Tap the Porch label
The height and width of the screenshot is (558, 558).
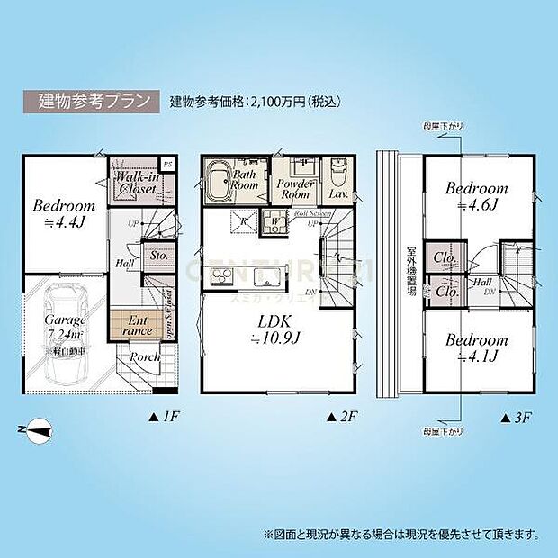pyautogui.click(x=146, y=357)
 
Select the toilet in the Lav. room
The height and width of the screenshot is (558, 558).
pyautogui.click(x=338, y=171)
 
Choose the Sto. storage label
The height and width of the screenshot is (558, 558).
pyautogui.click(x=158, y=256)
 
